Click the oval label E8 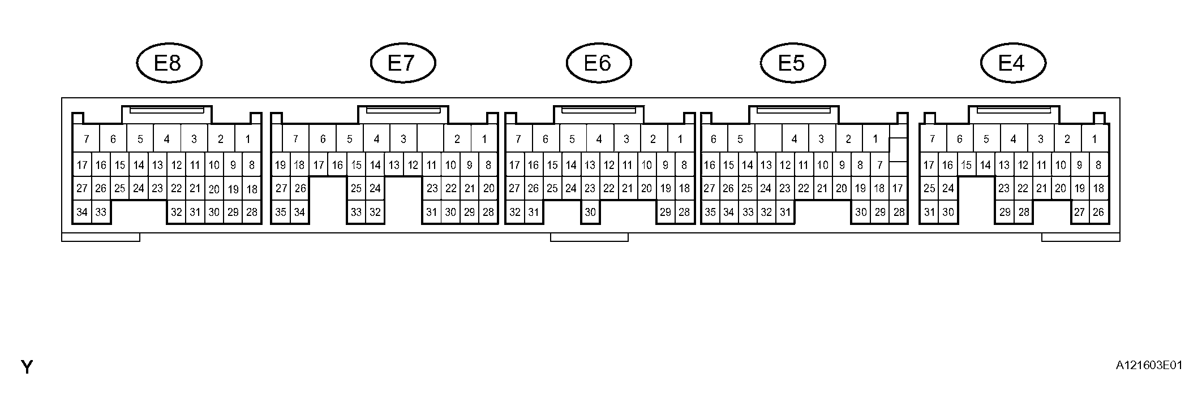coord(169,63)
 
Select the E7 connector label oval coord(402,63)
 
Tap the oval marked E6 coord(598,63)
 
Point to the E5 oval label coord(792,63)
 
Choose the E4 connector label coord(1012,63)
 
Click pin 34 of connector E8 coord(82,213)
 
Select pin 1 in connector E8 coord(247,139)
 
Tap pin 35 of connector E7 coord(281,213)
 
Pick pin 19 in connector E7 coord(281,166)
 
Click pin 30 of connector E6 coord(590,213)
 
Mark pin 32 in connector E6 coord(514,213)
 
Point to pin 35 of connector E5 coord(710,213)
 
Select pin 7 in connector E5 coord(879,166)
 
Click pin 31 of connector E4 coord(929,213)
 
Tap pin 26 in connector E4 coord(1098,213)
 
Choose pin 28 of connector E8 coord(252,213)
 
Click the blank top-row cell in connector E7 coord(430,139)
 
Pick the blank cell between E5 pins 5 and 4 coord(768,139)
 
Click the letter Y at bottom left coord(27,367)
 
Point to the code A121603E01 coord(1149,366)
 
